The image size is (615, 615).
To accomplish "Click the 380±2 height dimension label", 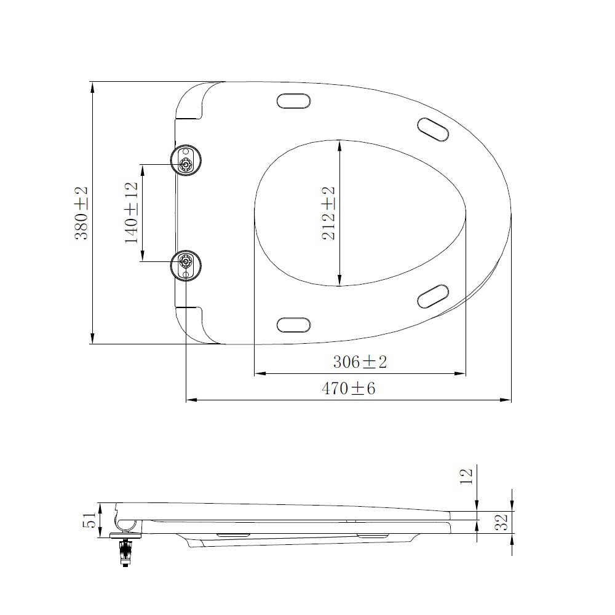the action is coord(82,213).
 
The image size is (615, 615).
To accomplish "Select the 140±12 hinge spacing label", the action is coord(132,213).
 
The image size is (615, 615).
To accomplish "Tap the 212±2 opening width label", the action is coord(328,213).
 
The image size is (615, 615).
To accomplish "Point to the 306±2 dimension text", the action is coord(360,362).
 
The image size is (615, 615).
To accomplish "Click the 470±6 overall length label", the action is coord(348,388).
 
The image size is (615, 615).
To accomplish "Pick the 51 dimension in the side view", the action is coord(90,520).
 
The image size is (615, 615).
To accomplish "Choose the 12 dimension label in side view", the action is coord(466,476).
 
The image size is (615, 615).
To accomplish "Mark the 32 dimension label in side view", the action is coord(501,522).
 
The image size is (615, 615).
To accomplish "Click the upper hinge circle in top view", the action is coord(186,160).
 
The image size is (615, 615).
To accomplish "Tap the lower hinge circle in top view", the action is coord(186,266).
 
